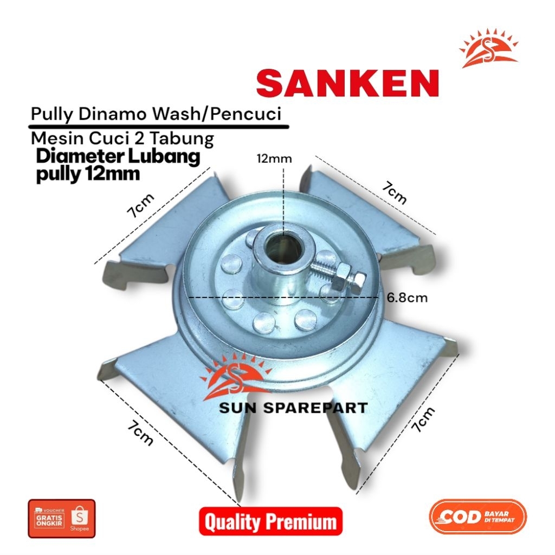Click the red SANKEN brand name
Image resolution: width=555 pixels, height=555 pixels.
(347, 83)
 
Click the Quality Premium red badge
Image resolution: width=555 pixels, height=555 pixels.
(270, 521)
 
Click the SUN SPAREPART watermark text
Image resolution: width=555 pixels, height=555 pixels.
(293, 408)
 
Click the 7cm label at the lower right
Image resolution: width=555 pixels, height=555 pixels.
(423, 419)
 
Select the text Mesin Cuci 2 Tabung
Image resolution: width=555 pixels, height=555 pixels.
(122, 139)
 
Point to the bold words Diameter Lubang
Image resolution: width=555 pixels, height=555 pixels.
(118, 157)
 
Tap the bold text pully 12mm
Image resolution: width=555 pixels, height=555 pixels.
(88, 175)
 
